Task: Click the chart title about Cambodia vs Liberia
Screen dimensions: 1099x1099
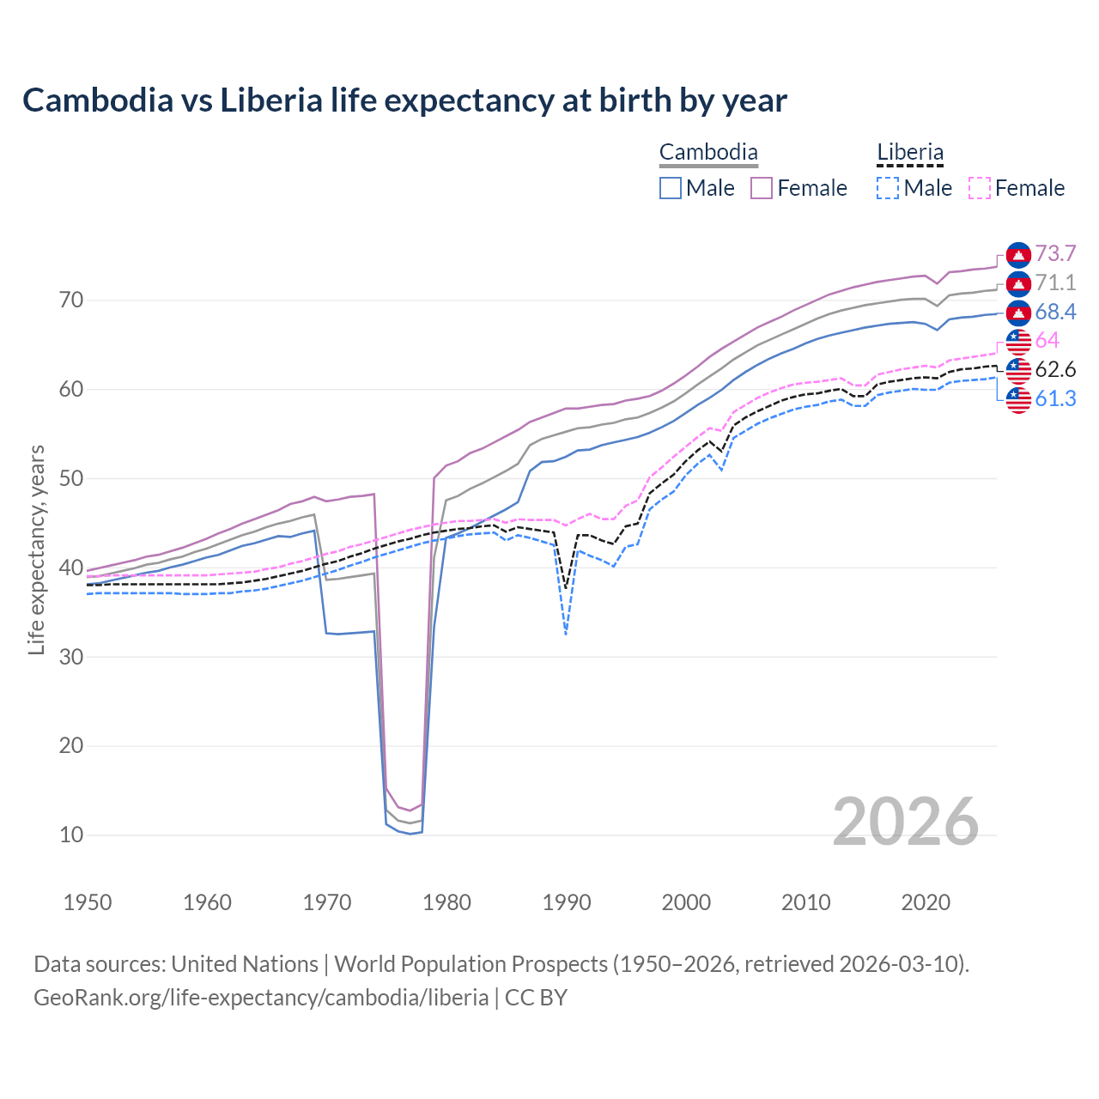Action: pos(404,100)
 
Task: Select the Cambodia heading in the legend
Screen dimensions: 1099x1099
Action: pos(708,153)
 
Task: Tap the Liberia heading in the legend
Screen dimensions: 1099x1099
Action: pos(909,153)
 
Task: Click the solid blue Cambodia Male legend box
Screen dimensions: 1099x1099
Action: pos(671,188)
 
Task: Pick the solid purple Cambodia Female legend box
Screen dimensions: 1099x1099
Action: pos(762,188)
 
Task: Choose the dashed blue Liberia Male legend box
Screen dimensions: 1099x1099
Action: pos(888,188)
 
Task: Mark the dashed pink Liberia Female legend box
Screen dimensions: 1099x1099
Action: pos(980,188)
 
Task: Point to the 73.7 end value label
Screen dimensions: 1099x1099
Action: pos(1055,254)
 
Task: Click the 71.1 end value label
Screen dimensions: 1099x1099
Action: pos(1055,283)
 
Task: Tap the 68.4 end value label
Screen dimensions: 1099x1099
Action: pos(1055,313)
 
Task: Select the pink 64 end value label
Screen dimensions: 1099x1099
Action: pos(1047,341)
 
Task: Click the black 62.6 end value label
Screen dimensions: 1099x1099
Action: pos(1055,370)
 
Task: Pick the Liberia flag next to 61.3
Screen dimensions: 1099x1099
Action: pos(1018,399)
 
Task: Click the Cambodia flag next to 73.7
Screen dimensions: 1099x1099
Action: pos(1018,254)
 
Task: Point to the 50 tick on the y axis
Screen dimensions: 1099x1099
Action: pos(71,478)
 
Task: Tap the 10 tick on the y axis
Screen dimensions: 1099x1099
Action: pos(71,835)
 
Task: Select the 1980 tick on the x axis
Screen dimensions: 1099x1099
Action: pos(446,902)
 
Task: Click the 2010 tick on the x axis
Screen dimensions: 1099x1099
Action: pos(805,902)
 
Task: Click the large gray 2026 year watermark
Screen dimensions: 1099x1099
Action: pos(905,822)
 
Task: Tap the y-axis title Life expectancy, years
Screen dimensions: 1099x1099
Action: pos(37,549)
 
